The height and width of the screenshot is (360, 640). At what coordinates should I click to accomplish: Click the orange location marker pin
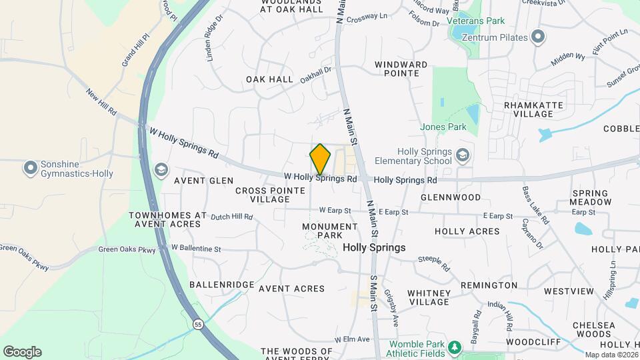[320, 159]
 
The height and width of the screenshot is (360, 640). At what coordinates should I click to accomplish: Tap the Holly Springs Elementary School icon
[461, 156]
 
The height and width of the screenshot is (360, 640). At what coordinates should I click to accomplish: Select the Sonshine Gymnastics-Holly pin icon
[30, 168]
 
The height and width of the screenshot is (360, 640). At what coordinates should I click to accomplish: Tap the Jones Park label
[443, 126]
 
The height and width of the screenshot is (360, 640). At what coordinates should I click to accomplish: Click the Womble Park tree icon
[454, 347]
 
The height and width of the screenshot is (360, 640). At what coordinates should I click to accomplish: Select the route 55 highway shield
[198, 324]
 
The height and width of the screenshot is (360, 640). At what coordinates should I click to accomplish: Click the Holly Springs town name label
[374, 247]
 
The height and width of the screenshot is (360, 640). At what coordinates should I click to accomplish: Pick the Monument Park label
[321, 231]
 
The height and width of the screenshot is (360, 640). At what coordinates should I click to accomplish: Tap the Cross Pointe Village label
[263, 195]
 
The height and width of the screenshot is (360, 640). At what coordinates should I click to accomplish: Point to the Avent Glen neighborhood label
[203, 181]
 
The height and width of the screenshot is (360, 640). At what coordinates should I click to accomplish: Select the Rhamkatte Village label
[533, 109]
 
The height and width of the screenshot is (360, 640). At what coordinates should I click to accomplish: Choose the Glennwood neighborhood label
[451, 197]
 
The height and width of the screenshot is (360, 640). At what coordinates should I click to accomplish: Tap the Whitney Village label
[429, 297]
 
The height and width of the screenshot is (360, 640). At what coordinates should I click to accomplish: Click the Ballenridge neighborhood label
[221, 285]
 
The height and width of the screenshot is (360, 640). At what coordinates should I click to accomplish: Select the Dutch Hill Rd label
[231, 217]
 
